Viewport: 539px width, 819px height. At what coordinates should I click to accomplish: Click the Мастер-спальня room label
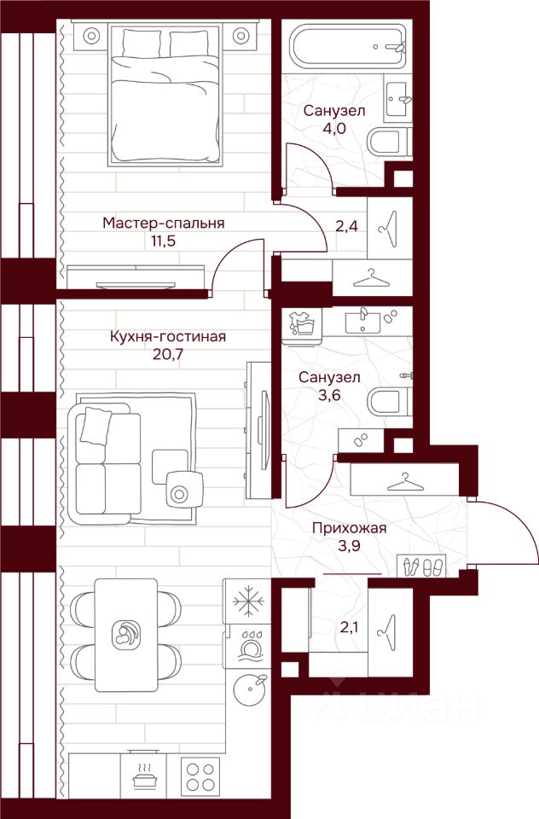pyautogui.click(x=164, y=223)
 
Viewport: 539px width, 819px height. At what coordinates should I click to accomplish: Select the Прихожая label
pyautogui.click(x=350, y=528)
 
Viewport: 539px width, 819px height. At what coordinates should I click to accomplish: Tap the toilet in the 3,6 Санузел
pyautogui.click(x=389, y=402)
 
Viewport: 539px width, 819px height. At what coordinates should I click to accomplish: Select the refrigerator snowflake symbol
pyautogui.click(x=246, y=601)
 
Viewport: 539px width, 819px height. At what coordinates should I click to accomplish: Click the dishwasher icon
pyautogui.click(x=246, y=646)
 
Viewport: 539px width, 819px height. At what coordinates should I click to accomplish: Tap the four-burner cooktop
pyautogui.click(x=200, y=777)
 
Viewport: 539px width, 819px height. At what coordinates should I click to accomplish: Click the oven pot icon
pyautogui.click(x=143, y=777)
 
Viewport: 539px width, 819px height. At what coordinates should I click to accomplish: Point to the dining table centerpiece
pyautogui.click(x=126, y=634)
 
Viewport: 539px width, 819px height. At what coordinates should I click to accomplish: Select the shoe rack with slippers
pyautogui.click(x=422, y=566)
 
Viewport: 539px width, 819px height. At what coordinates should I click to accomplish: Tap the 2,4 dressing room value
pyautogui.click(x=345, y=227)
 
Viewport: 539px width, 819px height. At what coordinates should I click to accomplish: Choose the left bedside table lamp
pyautogui.click(x=91, y=36)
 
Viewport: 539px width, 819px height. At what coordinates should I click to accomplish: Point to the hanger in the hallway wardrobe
pyautogui.click(x=405, y=482)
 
